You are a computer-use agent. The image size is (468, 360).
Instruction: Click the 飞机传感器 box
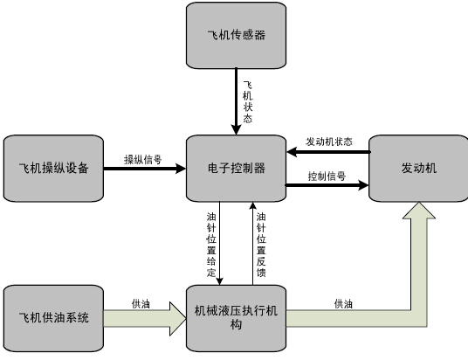236,35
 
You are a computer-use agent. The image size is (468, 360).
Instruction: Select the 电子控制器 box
236,168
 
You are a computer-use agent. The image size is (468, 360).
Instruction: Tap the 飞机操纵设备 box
54,168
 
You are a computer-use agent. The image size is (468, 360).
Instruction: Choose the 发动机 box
419,168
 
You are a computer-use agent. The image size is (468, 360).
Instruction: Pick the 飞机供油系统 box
54,318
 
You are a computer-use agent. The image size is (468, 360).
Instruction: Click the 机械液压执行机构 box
236,318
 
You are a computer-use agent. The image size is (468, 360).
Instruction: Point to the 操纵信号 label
142,160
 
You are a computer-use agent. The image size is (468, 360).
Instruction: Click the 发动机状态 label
329,142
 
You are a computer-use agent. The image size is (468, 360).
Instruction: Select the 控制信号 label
327,177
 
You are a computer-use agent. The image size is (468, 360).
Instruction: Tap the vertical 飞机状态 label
248,102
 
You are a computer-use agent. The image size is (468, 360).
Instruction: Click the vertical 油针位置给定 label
211,245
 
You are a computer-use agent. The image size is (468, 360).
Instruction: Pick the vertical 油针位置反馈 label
261,245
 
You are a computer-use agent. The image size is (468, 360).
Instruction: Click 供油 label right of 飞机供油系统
141,304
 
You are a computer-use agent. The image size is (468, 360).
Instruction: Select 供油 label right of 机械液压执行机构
343,304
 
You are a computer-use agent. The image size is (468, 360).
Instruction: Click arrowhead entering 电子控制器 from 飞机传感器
236,130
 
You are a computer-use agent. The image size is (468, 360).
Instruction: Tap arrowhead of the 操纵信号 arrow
181,169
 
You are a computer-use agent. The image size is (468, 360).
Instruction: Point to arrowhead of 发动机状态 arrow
292,152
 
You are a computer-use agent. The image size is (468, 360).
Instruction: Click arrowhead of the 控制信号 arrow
363,185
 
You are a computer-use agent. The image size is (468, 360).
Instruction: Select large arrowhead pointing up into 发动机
419,211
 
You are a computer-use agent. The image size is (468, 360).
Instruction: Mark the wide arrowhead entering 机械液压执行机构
178,318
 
